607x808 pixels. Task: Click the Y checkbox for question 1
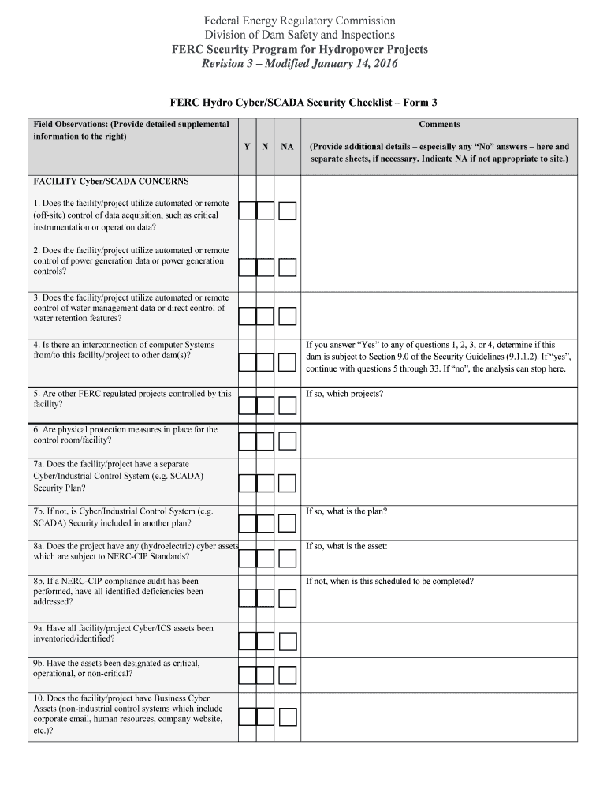click(248, 211)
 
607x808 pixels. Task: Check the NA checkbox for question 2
click(288, 267)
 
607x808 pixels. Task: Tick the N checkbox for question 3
click(266, 316)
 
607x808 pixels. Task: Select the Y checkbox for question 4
click(248, 362)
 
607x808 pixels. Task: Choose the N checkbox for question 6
click(266, 441)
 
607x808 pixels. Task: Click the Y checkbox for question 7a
click(248, 484)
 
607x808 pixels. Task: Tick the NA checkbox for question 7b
click(288, 523)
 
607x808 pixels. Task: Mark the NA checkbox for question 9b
click(288, 675)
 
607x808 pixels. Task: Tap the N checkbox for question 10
click(266, 716)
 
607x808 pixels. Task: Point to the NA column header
click(288, 147)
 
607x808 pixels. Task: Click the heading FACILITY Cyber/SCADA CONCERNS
click(111, 181)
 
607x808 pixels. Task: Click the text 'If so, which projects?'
click(344, 394)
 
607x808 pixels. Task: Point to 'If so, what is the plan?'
click(346, 511)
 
